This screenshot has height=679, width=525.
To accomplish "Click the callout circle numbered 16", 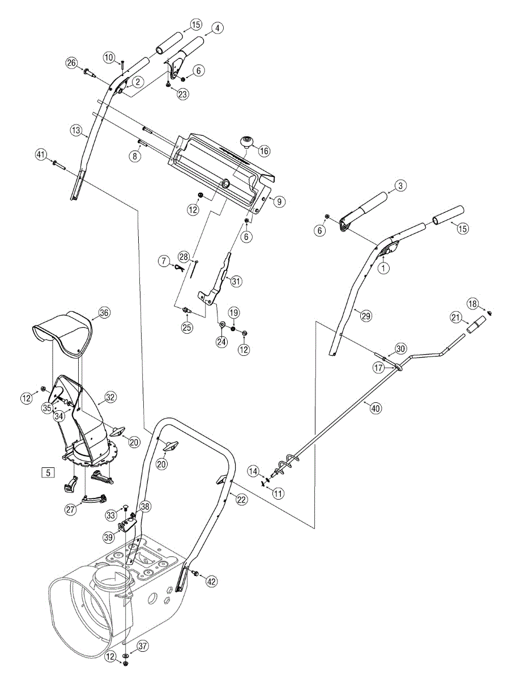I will [x=264, y=151].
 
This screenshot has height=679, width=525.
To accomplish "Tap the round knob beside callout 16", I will [x=247, y=141].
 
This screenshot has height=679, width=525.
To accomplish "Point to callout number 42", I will [x=211, y=581].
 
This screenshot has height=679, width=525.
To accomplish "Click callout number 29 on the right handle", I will [x=366, y=316].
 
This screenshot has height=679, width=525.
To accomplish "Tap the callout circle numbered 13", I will [x=76, y=131].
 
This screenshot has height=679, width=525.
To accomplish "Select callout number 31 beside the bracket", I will [x=236, y=281].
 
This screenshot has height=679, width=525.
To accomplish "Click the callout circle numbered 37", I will [x=142, y=646].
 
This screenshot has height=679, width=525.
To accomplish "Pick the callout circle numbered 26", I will [x=71, y=62].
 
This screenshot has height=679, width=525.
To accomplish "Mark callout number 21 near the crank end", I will [x=456, y=318].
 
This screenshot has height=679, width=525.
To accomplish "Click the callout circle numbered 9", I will [x=278, y=201].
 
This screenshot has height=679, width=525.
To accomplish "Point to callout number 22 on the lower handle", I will [x=242, y=499].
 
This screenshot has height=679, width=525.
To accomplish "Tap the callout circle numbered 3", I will [x=399, y=185].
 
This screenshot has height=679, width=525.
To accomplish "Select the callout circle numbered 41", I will [x=40, y=154].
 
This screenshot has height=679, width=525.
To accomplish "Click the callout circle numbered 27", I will [x=70, y=510].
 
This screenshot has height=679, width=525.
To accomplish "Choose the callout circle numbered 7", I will [x=164, y=261].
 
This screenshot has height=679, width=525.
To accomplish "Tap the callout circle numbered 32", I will [x=110, y=398].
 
